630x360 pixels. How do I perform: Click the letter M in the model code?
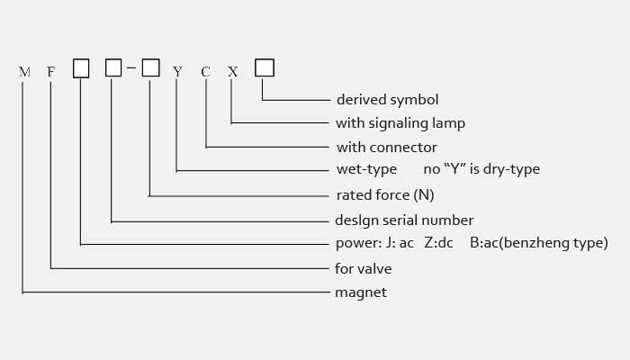pyautogui.click(x=23, y=70)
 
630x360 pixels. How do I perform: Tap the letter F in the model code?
pyautogui.click(x=51, y=70)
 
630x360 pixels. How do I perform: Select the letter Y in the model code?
pyautogui.click(x=177, y=70)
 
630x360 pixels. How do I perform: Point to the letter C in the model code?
pyautogui.click(x=205, y=70)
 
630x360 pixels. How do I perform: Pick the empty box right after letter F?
pyautogui.click(x=81, y=68)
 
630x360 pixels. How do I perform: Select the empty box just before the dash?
pyautogui.click(x=113, y=68)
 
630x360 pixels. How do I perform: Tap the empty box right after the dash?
pyautogui.click(x=150, y=68)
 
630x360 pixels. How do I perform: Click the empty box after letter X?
pyautogui.click(x=264, y=68)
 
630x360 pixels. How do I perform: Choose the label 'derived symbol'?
pyautogui.click(x=387, y=99)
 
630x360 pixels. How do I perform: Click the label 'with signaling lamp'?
pyautogui.click(x=400, y=122)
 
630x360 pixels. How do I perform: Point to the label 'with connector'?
pyautogui.click(x=386, y=147)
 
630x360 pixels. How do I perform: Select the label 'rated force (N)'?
pyautogui.click(x=384, y=194)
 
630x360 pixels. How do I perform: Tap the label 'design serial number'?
pyautogui.click(x=404, y=220)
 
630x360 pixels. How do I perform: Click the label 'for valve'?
pyautogui.click(x=364, y=268)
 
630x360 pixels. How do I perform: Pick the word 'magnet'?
pyautogui.click(x=361, y=292)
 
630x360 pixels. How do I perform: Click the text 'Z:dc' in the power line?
pyautogui.click(x=438, y=243)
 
